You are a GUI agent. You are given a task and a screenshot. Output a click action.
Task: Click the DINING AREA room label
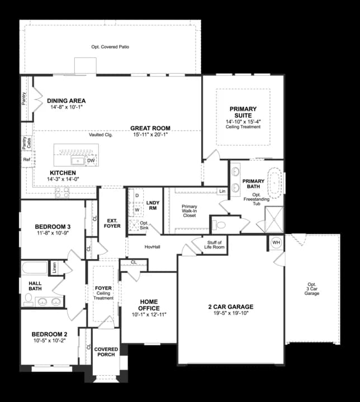click(66, 101)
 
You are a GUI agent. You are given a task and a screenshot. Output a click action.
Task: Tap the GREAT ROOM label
click(150, 128)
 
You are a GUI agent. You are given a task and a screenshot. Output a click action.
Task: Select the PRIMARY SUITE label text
click(243, 112)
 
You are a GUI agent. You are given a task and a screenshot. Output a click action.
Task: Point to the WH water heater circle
click(276, 243)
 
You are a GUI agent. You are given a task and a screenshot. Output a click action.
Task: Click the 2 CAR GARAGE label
click(231, 307)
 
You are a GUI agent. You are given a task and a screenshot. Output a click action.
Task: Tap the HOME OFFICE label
click(149, 305)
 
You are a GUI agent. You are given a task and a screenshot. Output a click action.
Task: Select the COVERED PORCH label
click(106, 352)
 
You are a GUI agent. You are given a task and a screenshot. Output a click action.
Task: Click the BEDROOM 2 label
click(49, 334)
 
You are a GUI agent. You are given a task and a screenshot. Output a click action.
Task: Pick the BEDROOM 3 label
click(53, 227)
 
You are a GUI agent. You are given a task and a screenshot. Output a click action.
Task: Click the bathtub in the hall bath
click(35, 268)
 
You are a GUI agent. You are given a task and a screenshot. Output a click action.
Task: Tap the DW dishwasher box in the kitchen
click(91, 161)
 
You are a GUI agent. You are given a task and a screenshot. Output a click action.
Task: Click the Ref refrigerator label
click(26, 160)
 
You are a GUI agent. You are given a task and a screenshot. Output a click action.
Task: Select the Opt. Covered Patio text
click(110, 47)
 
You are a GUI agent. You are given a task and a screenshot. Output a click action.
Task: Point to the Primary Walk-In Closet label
click(189, 212)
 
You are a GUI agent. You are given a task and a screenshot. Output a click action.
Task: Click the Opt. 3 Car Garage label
click(311, 289)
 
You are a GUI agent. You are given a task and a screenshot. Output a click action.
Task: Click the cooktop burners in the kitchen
click(61, 193)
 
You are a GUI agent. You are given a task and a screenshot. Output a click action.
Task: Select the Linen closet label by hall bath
click(54, 267)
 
